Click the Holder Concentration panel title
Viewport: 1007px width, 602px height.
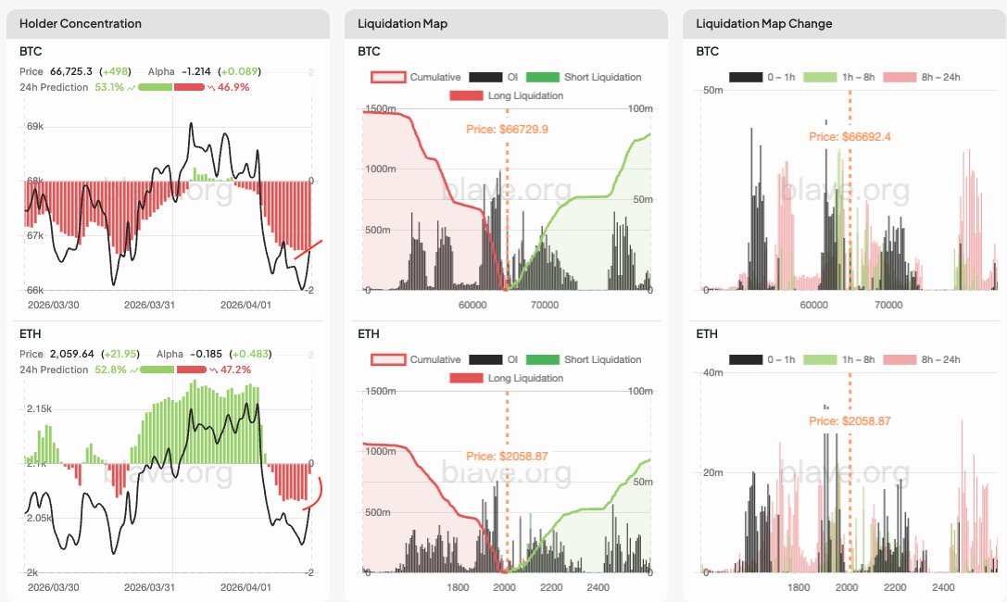pos(81,23)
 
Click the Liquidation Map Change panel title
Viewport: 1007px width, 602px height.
pos(763,23)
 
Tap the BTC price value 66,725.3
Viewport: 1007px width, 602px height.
pos(71,70)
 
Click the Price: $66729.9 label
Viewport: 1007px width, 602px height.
pos(508,129)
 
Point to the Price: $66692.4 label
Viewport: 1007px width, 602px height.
pos(850,136)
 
